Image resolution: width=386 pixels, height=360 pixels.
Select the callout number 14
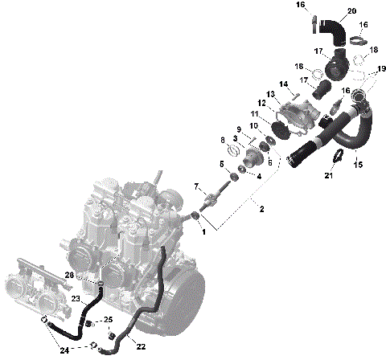[283, 84]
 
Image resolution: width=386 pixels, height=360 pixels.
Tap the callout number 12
[261, 103]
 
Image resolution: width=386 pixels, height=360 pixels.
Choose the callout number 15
[359, 165]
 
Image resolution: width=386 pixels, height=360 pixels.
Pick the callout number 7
[197, 186]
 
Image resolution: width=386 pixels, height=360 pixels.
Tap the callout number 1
[203, 231]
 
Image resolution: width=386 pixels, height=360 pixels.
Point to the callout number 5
[222, 164]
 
